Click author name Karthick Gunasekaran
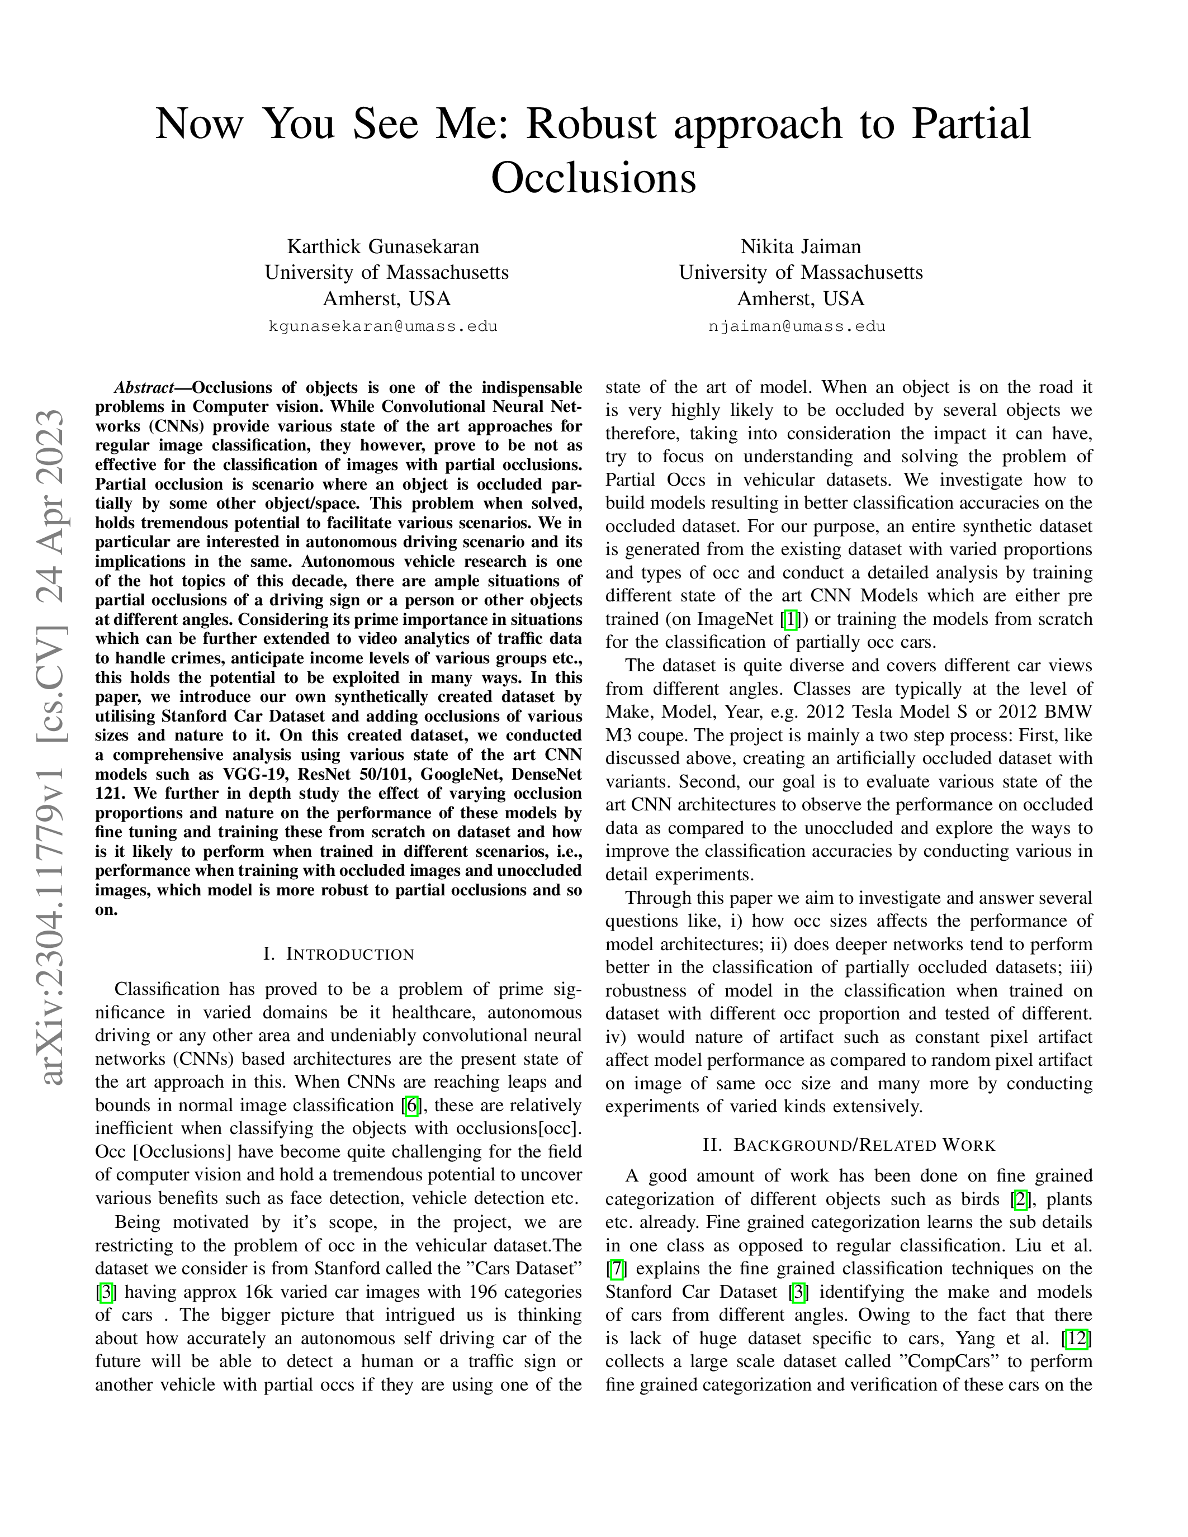[x=383, y=246]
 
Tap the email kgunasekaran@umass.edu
[x=383, y=326]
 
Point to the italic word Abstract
[x=144, y=388]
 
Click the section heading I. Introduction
[x=339, y=954]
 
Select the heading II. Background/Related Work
[x=849, y=1145]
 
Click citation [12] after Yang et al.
[x=1077, y=1339]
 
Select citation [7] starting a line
[x=616, y=1269]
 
